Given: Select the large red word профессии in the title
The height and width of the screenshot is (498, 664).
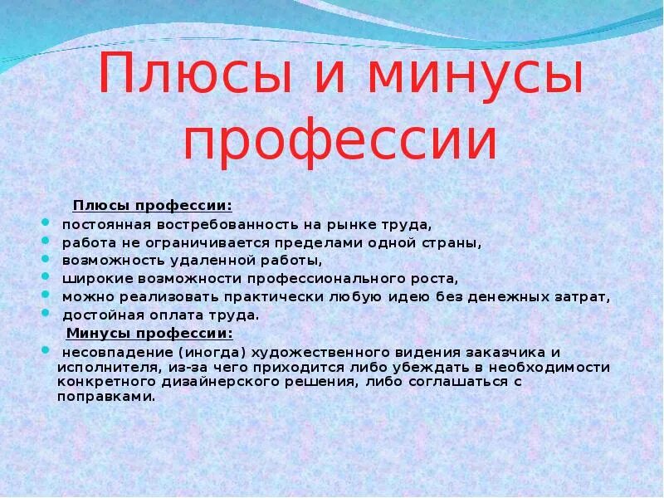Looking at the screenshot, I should (339, 142).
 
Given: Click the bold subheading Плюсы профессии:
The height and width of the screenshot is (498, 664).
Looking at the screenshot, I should (153, 205).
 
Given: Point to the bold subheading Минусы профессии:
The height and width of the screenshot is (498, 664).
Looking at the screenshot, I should (149, 333).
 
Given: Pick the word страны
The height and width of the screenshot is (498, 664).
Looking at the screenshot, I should (453, 242).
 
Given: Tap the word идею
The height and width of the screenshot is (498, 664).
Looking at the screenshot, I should (412, 296).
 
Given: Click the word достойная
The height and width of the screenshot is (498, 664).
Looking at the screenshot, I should (97, 315).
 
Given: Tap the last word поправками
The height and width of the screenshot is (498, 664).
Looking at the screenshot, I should (106, 396).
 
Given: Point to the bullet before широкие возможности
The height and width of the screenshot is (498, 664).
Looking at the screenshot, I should (45, 278).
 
